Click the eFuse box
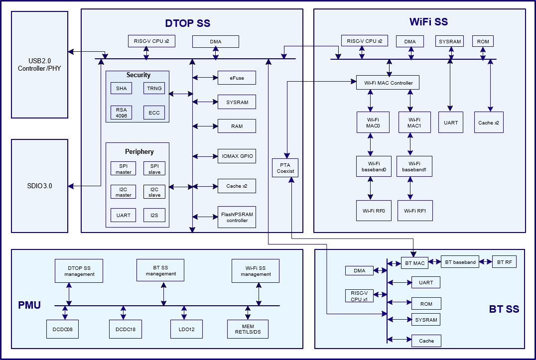click(237, 78)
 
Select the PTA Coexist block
click(285, 167)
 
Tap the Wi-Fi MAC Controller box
click(388, 83)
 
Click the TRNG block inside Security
click(154, 88)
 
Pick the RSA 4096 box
click(122, 113)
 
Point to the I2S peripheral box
click(154, 215)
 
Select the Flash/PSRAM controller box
click(237, 217)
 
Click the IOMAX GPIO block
click(237, 156)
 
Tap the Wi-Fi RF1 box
click(415, 211)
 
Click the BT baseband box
click(460, 262)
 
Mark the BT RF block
click(504, 262)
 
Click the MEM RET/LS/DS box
click(248, 329)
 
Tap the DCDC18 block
click(126, 329)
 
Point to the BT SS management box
click(160, 270)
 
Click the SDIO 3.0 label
click(40, 186)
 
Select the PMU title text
click(29, 305)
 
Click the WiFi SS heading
click(428, 22)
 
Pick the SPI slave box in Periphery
click(154, 168)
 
